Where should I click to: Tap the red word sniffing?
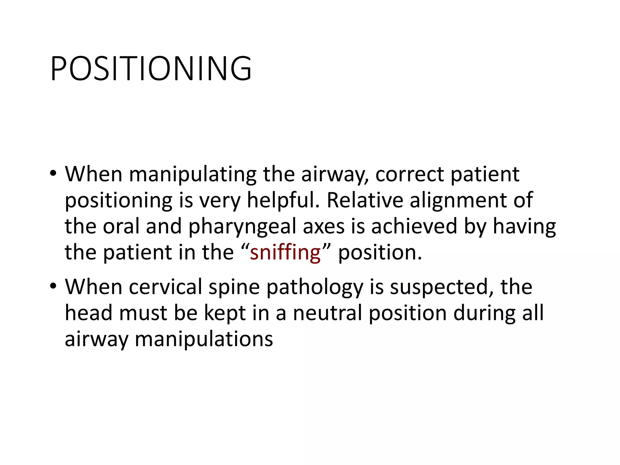[285, 252]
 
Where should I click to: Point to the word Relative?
[364, 200]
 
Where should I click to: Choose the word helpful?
[283, 200]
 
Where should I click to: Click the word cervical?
[165, 287]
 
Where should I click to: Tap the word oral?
[121, 226]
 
